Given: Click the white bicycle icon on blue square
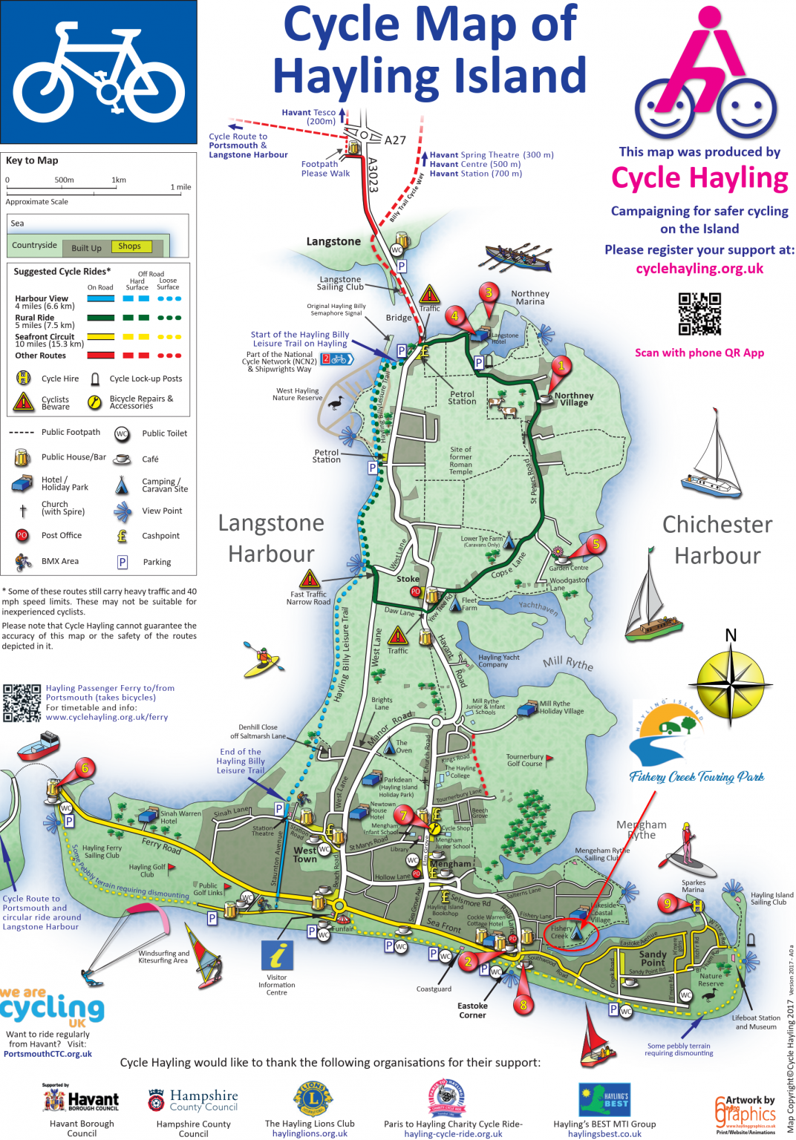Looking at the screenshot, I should coord(99,72).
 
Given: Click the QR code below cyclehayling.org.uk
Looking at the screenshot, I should coord(699,314).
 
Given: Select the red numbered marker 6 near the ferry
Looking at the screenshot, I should coord(84,768).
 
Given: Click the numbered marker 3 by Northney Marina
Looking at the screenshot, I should coord(489,292).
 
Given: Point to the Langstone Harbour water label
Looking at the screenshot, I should coord(271,538).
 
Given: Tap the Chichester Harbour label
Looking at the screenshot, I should coord(717,540).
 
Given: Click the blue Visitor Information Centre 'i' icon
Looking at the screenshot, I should coord(277,954).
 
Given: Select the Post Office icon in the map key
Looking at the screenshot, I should coord(22,535).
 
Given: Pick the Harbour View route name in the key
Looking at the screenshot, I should coord(42,298).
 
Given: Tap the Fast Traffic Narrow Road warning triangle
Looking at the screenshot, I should coord(310,578).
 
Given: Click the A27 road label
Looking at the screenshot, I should coord(395,140).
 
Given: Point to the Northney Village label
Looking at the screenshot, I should coord(574,399).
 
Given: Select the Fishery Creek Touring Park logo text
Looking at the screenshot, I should coord(696,777).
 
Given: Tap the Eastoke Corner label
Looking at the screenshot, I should coord(472,1010).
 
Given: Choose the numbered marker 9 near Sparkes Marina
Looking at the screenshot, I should coord(668,903).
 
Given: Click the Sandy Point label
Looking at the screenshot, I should coord(653,958).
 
